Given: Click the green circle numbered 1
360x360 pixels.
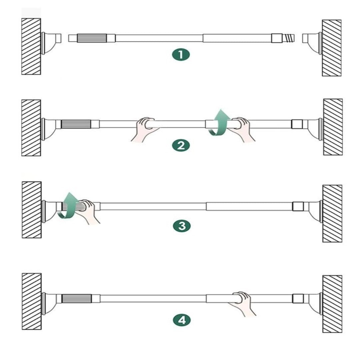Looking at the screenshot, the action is click(x=181, y=55).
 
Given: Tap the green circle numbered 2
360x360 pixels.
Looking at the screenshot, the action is click(x=181, y=146).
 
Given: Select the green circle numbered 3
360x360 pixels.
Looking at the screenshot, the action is click(x=182, y=226).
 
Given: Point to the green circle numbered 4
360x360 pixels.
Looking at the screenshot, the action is click(x=182, y=320).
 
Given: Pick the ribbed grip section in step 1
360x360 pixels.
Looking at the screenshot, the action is click(x=92, y=38).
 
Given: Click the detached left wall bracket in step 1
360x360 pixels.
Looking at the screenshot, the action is click(x=51, y=43).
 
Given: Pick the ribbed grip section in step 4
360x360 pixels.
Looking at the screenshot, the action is click(x=77, y=298).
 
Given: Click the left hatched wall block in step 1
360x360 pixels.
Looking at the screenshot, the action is click(x=31, y=46).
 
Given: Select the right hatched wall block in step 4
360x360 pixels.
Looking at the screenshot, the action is click(x=332, y=304).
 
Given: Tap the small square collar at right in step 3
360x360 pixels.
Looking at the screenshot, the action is click(x=298, y=206).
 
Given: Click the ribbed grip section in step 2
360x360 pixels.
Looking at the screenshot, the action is click(x=76, y=124).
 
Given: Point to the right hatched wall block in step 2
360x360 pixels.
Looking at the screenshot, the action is click(x=333, y=127).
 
